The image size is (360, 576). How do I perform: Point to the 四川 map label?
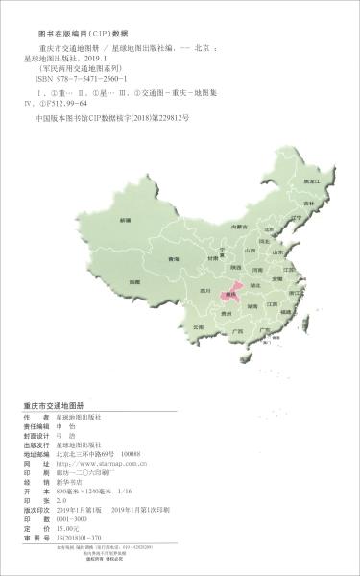[204, 288]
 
